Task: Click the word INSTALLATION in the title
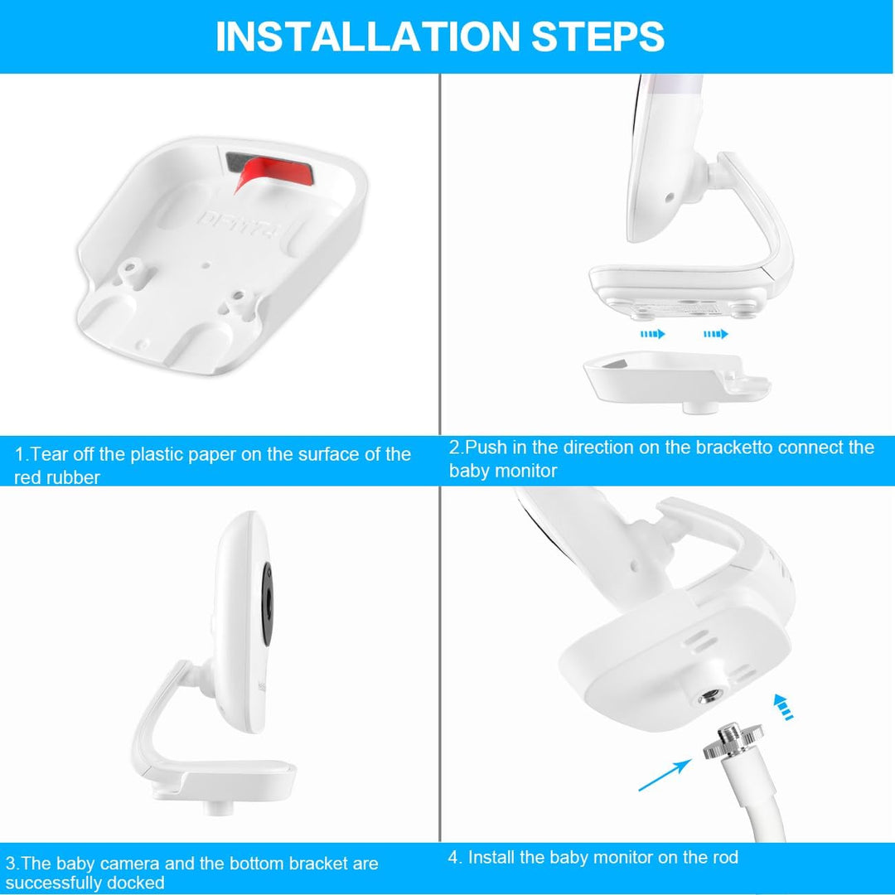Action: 368,36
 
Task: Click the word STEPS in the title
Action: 597,36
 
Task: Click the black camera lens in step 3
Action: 267,603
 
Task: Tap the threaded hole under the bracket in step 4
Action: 709,696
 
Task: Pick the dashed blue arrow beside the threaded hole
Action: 782,707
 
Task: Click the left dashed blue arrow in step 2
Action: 652,333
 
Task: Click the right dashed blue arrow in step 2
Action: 716,333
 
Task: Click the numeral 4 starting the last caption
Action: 453,858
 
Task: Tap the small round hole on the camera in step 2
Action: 670,197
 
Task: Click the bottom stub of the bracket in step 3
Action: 217,808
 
